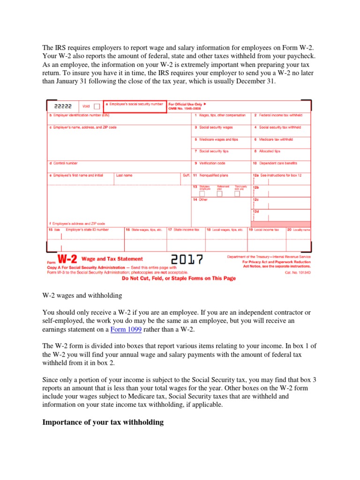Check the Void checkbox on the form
pyautogui.click(x=97, y=106)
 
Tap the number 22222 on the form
pyautogui.click(x=63, y=106)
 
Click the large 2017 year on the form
pyautogui.click(x=187, y=260)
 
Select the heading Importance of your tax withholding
pyautogui.click(x=103, y=422)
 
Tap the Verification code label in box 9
pyautogui.click(x=212, y=163)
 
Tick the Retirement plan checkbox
pyautogui.click(x=221, y=194)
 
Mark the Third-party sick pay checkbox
pyautogui.click(x=237, y=194)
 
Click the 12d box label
pyautogui.click(x=256, y=211)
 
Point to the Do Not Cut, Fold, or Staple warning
pyautogui.click(x=179, y=278)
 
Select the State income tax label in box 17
pyautogui.click(x=187, y=230)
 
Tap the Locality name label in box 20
pyautogui.click(x=301, y=230)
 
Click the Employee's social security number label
pyautogui.click(x=136, y=104)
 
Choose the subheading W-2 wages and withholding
pyautogui.click(x=82, y=295)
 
